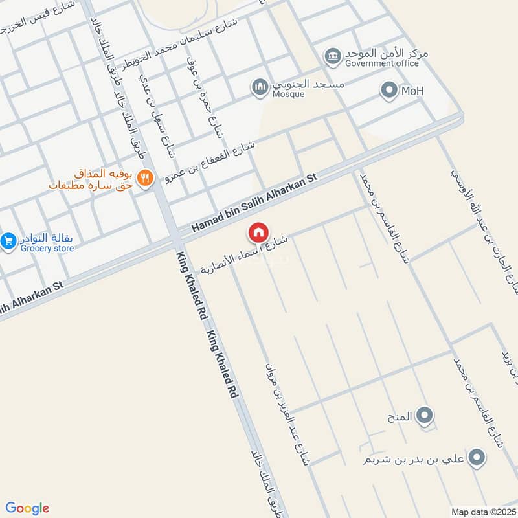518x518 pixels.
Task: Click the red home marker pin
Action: [x=258, y=232]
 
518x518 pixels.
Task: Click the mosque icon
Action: [x=260, y=87]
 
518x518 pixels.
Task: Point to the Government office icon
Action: [x=333, y=56]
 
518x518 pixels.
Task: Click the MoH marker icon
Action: [x=389, y=91]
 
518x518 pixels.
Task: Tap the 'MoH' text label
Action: [x=412, y=91]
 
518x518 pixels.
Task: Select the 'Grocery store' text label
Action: [x=46, y=247]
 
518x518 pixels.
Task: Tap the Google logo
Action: [x=27, y=508]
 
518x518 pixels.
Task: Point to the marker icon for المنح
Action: [x=425, y=415]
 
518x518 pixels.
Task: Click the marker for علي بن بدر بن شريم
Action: [x=477, y=458]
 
